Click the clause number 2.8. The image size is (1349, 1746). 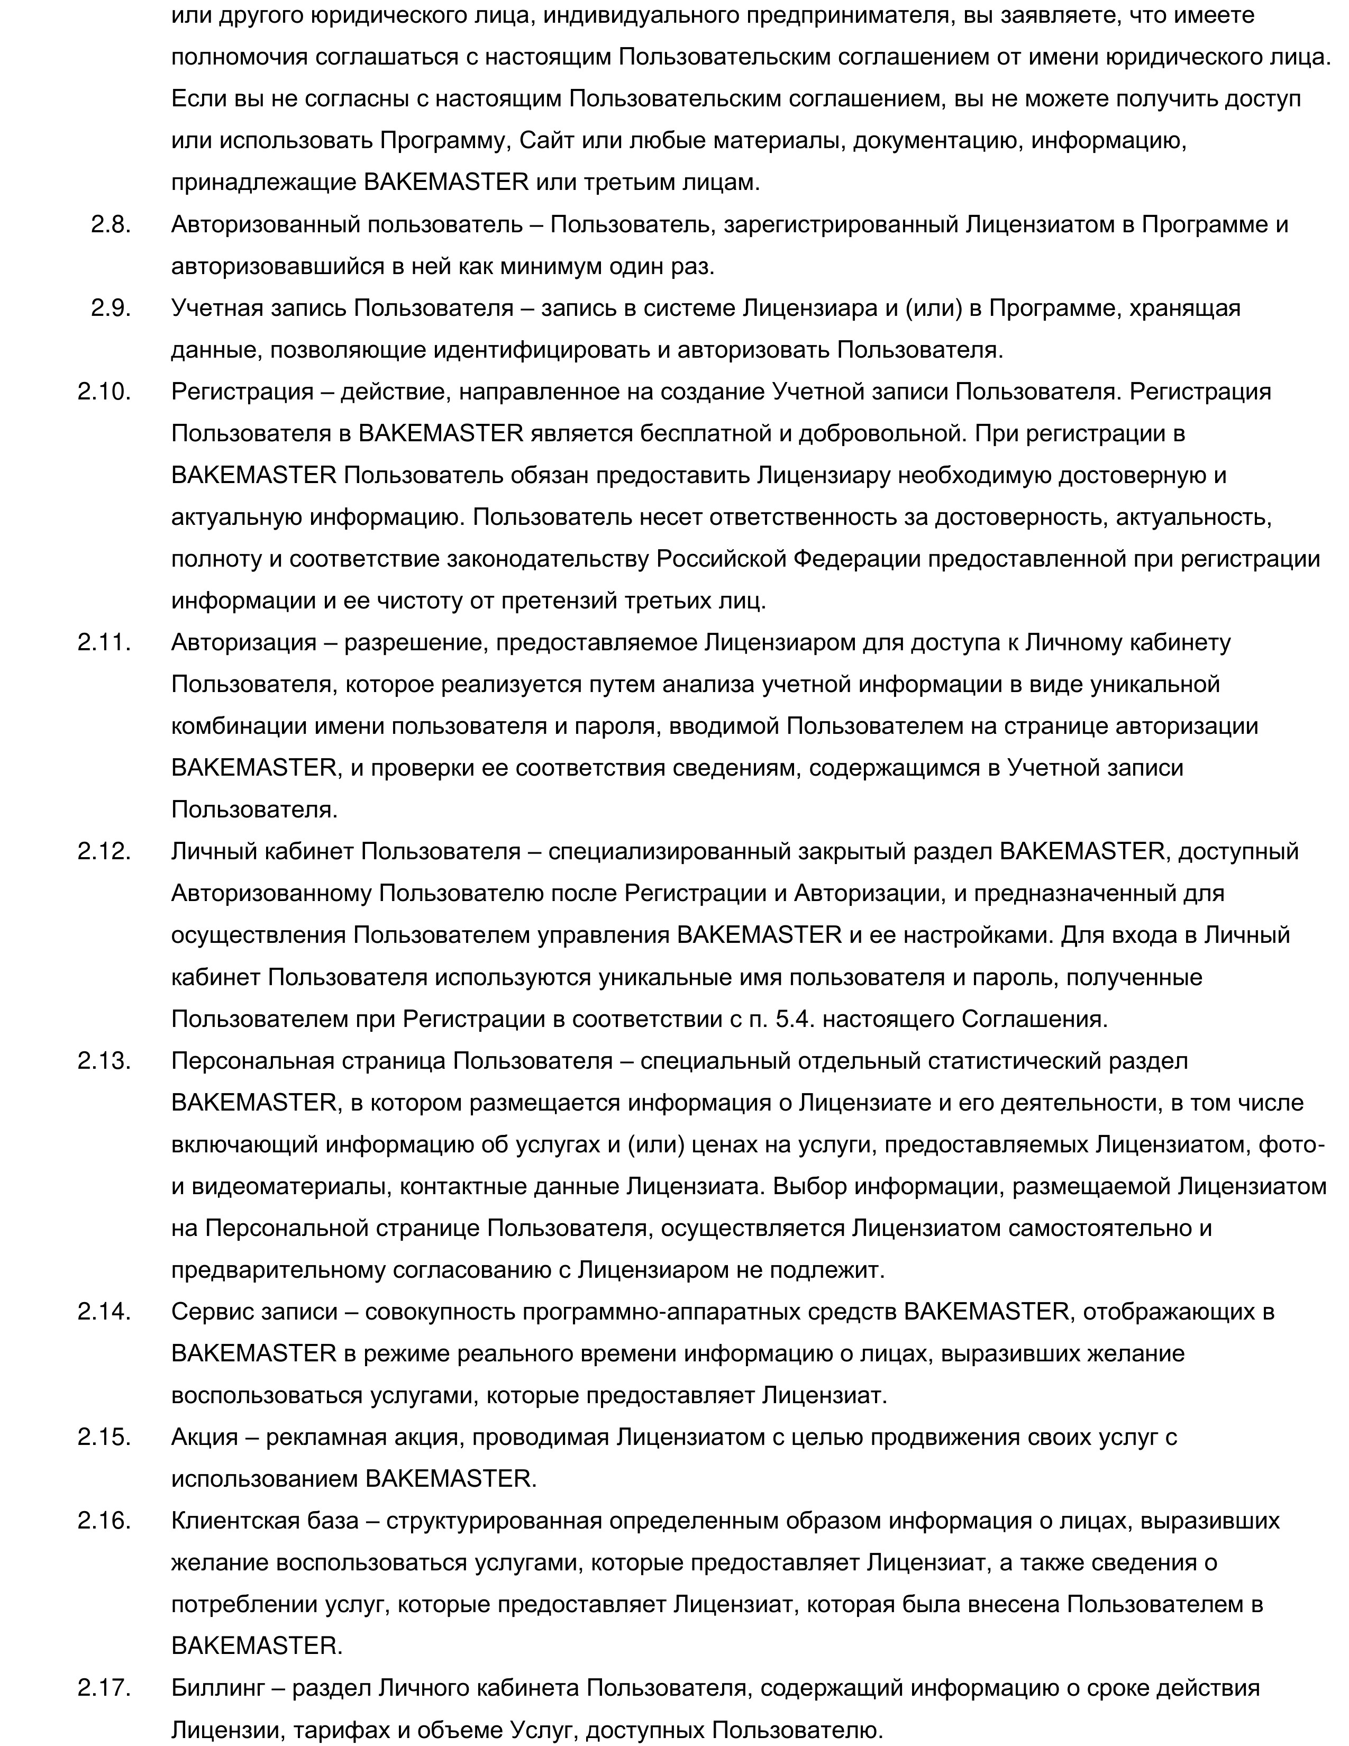pyautogui.click(x=110, y=225)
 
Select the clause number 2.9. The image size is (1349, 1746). pyautogui.click(x=110, y=308)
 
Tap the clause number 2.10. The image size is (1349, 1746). pyautogui.click(x=104, y=392)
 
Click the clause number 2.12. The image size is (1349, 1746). pyautogui.click(x=104, y=851)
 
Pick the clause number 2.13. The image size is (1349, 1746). pyautogui.click(x=104, y=1061)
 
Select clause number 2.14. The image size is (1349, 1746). pyautogui.click(x=104, y=1311)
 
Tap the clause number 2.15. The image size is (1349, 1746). pyautogui.click(x=104, y=1436)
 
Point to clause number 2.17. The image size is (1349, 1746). pyautogui.click(x=104, y=1688)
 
